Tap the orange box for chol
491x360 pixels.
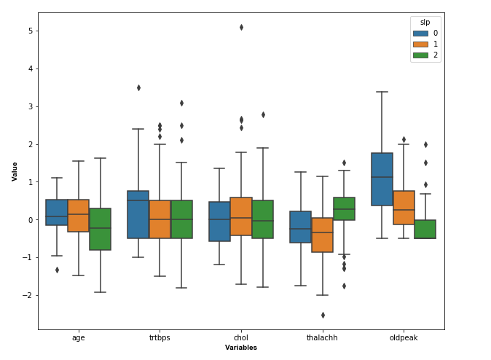tap(241, 216)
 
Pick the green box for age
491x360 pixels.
tap(101, 229)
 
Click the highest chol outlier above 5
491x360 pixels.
tap(241, 27)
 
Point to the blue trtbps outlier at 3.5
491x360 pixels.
tap(138, 87)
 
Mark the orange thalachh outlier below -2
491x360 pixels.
tap(323, 315)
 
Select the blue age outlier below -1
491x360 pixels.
tap(57, 270)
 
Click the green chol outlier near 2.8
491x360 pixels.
tap(263, 114)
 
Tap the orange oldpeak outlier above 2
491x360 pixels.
tap(404, 139)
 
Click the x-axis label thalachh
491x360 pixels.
tap(322, 338)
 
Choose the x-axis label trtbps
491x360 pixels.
tap(160, 338)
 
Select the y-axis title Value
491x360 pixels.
tap(15, 171)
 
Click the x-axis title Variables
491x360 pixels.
tap(241, 348)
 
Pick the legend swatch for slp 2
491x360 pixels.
tap(420, 55)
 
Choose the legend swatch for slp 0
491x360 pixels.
tap(420, 33)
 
